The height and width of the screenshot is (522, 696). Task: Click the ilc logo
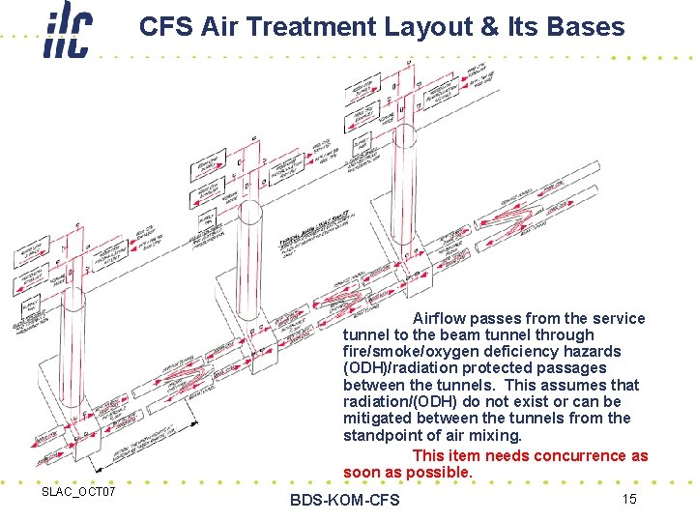pyautogui.click(x=69, y=31)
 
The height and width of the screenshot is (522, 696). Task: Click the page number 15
pyautogui.click(x=628, y=499)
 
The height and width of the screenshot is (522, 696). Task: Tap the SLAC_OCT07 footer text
pyautogui.click(x=78, y=493)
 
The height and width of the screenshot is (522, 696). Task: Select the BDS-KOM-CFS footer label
pyautogui.click(x=344, y=500)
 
